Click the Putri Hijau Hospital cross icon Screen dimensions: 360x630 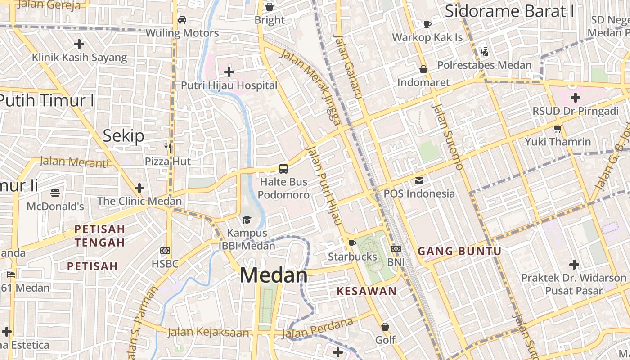pyautogui.click(x=229, y=72)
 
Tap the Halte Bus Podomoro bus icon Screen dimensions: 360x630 pyautogui.click(x=283, y=169)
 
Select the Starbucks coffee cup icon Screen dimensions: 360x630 pyautogui.click(x=352, y=243)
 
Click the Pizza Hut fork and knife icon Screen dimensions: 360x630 pyautogui.click(x=168, y=148)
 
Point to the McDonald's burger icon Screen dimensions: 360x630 pyautogui.click(x=55, y=193)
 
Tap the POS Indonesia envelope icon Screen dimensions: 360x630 pyautogui.click(x=419, y=180)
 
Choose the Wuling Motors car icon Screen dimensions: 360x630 pyautogui.click(x=182, y=19)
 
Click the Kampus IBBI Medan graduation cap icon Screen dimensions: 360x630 pyautogui.click(x=247, y=220)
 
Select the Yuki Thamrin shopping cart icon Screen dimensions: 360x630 pyautogui.click(x=558, y=129)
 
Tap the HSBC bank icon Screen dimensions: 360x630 pyautogui.click(x=165, y=250)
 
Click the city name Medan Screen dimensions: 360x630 pyautogui.click(x=274, y=275)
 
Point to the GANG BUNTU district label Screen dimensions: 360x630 pyautogui.click(x=459, y=251)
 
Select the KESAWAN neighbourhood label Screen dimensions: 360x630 pyautogui.click(x=367, y=291)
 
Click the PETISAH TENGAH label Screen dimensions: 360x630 pyautogui.click(x=99, y=236)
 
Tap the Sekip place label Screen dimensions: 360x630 pyautogui.click(x=124, y=135)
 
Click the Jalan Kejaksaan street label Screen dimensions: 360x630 pyautogui.click(x=208, y=333)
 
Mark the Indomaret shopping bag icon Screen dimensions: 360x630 pyautogui.click(x=423, y=69)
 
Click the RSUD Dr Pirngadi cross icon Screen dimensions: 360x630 pyautogui.click(x=575, y=97)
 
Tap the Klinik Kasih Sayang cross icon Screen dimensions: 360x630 pyautogui.click(x=79, y=44)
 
